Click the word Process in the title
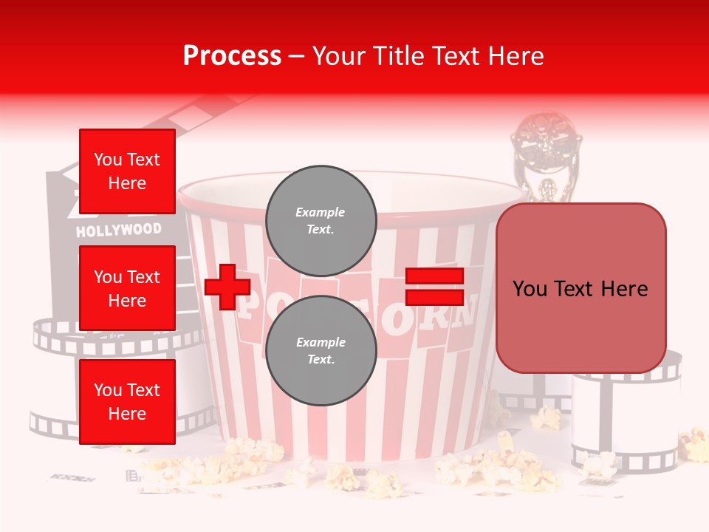[x=232, y=56]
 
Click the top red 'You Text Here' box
[x=127, y=171]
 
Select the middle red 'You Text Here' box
[x=127, y=288]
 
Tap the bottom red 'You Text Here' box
[x=127, y=401]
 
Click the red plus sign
[x=227, y=287]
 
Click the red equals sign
[x=434, y=287]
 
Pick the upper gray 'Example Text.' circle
[x=321, y=220]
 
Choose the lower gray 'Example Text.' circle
[x=321, y=350]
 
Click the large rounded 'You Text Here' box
[x=580, y=288]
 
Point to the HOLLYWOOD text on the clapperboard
[x=118, y=230]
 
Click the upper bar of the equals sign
[x=434, y=276]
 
